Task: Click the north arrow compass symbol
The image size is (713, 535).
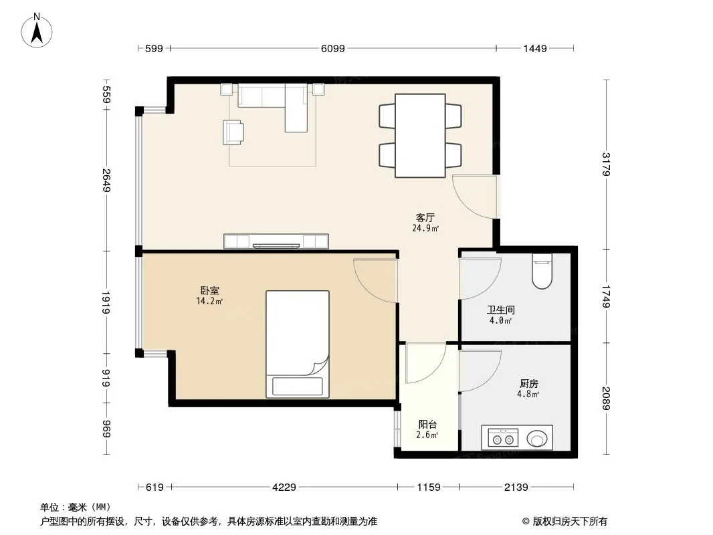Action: point(37,31)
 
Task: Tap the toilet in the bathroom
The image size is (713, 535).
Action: point(542,272)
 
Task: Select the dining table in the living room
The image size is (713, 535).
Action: point(419,136)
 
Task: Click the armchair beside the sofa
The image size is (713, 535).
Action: point(233,132)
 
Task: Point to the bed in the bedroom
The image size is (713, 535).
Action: point(298,344)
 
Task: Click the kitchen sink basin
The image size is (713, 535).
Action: point(537,439)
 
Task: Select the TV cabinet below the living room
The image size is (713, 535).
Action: point(276,241)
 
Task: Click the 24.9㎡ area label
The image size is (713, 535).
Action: point(425,228)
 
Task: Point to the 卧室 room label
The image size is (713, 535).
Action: point(209,290)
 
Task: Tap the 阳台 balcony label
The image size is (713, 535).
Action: point(427,425)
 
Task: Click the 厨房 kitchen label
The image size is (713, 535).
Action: point(529,384)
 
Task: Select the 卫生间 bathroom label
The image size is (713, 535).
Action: point(501,310)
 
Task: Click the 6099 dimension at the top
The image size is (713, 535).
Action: point(333,48)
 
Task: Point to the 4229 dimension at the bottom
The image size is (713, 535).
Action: point(284,488)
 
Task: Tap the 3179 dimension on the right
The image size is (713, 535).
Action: point(606,164)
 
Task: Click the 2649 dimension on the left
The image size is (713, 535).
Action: point(106,181)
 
